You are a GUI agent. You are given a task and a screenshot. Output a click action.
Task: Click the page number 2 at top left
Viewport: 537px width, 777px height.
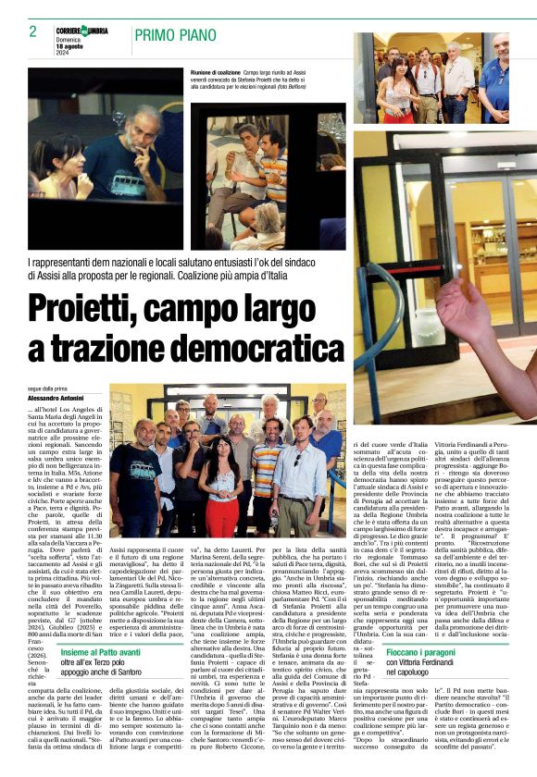pyautogui.click(x=32, y=31)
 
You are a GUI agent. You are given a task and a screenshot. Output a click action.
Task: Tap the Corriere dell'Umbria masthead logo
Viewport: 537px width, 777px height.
pyautogui.click(x=82, y=31)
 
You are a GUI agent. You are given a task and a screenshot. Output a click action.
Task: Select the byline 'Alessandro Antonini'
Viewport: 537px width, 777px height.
pyautogui.click(x=58, y=398)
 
